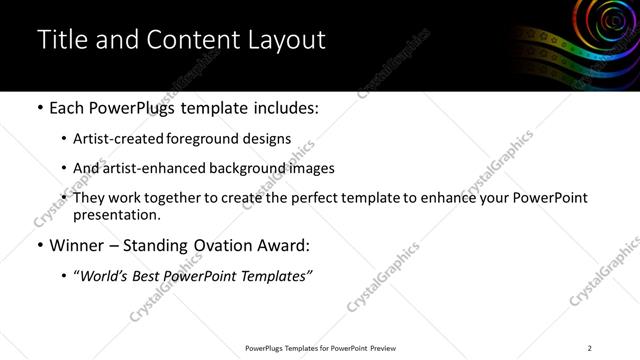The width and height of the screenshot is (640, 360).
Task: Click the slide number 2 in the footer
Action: click(x=590, y=348)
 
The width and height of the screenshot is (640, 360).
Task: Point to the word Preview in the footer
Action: click(x=382, y=348)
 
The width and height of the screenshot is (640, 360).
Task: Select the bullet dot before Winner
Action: click(x=39, y=245)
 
